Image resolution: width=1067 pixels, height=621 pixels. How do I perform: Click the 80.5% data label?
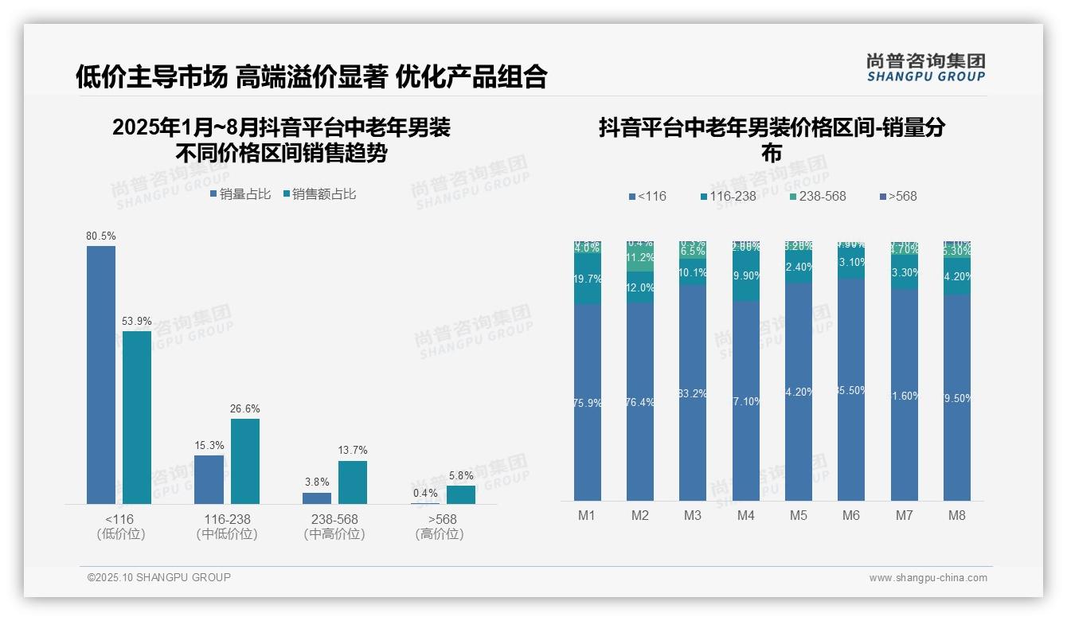[101, 236]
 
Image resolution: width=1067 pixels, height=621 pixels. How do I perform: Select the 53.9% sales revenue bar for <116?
[137, 417]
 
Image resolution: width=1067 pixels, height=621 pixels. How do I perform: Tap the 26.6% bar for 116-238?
[245, 461]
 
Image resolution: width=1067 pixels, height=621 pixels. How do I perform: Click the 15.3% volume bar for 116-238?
[209, 479]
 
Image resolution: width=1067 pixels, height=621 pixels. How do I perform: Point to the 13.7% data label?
[353, 451]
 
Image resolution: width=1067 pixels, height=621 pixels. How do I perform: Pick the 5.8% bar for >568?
[461, 494]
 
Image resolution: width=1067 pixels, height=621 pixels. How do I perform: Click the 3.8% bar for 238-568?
[317, 498]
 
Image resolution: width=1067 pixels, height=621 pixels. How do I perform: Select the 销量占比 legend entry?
[240, 194]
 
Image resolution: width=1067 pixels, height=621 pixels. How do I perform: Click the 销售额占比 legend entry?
[319, 194]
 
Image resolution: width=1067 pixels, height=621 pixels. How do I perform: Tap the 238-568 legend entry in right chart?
[817, 196]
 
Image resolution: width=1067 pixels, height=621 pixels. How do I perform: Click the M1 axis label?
[587, 515]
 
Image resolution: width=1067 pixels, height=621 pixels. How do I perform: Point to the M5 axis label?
[799, 515]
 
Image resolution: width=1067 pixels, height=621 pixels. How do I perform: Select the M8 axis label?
[957, 515]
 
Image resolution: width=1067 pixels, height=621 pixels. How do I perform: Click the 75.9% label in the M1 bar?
[587, 403]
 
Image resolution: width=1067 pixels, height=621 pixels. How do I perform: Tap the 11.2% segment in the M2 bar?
[640, 258]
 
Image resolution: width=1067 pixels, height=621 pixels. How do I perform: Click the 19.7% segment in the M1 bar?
[587, 279]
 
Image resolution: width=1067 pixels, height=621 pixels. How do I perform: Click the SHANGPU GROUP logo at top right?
[925, 68]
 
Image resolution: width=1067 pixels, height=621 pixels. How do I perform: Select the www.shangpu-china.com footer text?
[928, 578]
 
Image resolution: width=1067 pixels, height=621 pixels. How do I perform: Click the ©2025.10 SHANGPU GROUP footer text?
[159, 577]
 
